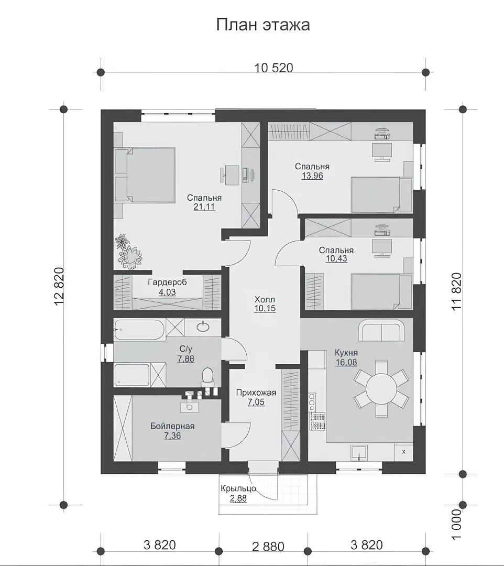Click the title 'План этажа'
[x=263, y=25]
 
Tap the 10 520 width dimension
[x=274, y=68]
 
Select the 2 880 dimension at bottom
[x=268, y=547]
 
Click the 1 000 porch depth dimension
[x=456, y=525]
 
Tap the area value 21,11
[x=204, y=207]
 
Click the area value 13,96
[x=312, y=176]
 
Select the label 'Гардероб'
[x=168, y=282]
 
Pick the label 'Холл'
[x=265, y=299]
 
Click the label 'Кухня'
[x=346, y=353]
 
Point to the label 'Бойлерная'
[x=172, y=426]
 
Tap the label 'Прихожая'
[x=256, y=393]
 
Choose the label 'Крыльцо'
[x=238, y=489]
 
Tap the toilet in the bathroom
[x=207, y=376]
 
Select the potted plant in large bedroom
[x=128, y=252]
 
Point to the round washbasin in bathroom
[x=203, y=326]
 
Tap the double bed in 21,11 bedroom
[x=145, y=175]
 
